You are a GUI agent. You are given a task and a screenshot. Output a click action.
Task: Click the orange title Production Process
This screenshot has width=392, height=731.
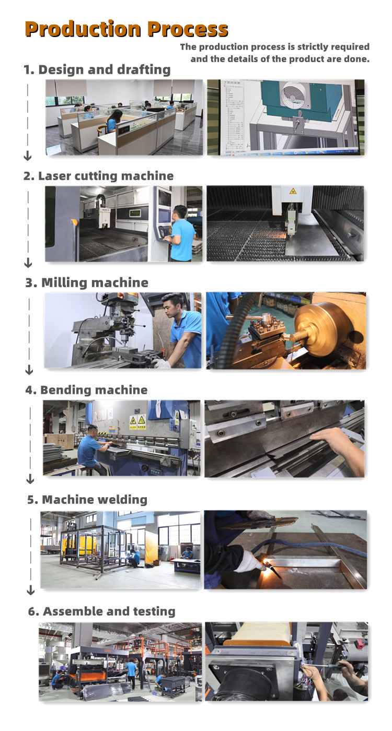pyautogui.click(x=126, y=29)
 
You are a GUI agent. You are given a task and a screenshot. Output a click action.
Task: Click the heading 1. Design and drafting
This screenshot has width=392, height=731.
pyautogui.click(x=97, y=69)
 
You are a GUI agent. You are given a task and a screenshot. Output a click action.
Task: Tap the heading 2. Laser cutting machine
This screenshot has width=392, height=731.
pyautogui.click(x=98, y=176)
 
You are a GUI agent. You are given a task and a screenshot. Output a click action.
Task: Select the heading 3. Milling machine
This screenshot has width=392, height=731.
pyautogui.click(x=87, y=283)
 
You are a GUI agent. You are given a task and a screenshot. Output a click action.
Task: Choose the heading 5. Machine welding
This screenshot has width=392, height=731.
pyautogui.click(x=87, y=500)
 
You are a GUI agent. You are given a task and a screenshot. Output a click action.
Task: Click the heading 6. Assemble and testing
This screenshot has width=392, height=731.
pyautogui.click(x=101, y=611)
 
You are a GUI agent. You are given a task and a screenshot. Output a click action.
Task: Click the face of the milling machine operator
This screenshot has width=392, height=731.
pyautogui.click(x=175, y=305)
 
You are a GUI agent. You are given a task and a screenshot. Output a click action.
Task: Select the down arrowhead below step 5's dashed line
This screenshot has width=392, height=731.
pyautogui.click(x=31, y=591)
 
